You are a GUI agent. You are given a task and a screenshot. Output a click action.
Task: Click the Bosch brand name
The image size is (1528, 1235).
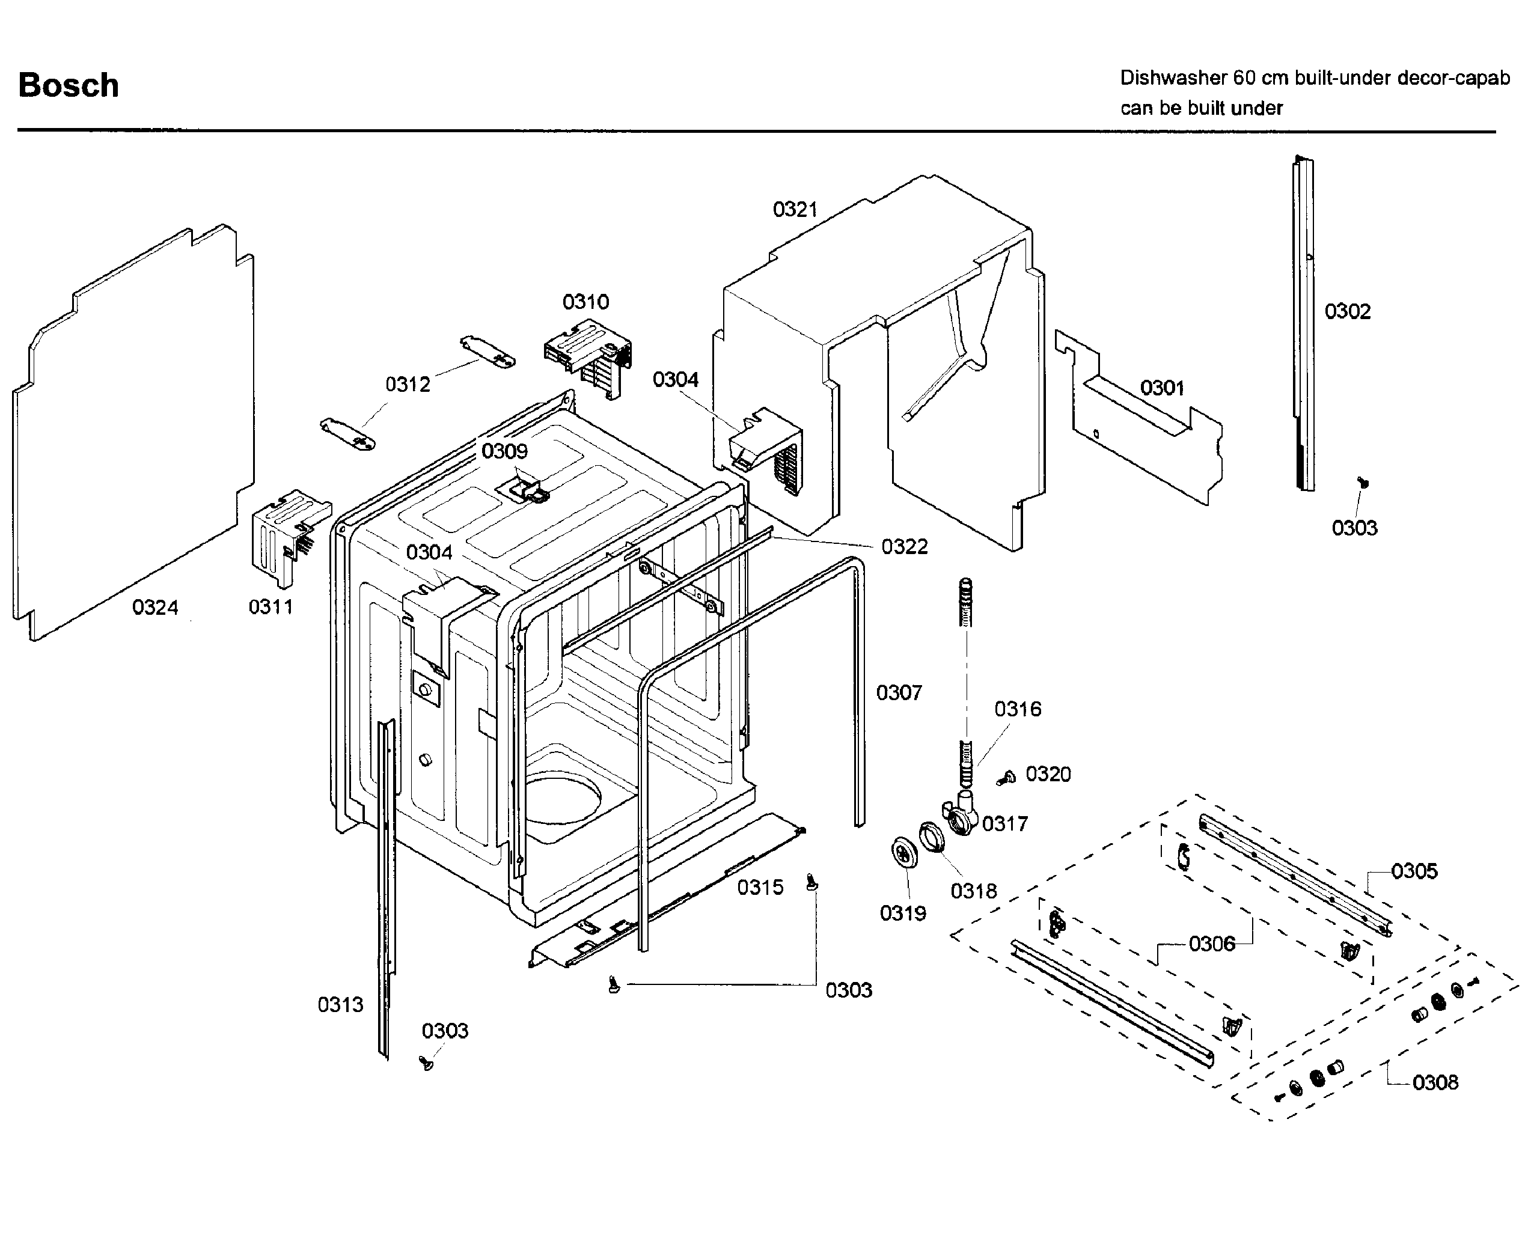point(69,85)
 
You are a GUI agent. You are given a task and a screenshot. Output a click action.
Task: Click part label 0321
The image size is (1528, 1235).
point(795,209)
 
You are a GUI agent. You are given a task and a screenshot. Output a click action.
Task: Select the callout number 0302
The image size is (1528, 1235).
point(1346,311)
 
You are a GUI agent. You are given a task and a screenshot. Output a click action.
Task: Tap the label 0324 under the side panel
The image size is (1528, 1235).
point(154,607)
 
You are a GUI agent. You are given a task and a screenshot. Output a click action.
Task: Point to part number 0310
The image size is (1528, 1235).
point(585,302)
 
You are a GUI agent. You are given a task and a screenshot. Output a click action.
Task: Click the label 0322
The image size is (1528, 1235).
point(903,546)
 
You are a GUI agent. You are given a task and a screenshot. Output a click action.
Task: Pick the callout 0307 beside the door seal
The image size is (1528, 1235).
point(899,692)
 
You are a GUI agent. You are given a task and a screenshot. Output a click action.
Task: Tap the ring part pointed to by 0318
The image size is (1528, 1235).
point(932,837)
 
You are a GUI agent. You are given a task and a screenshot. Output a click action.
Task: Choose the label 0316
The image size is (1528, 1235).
point(1017,709)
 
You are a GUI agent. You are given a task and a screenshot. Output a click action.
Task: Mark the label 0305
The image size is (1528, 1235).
point(1414,871)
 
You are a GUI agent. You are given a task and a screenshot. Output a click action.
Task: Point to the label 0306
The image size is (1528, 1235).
point(1211,944)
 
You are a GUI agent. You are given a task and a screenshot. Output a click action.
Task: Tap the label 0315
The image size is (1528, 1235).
point(760,887)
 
